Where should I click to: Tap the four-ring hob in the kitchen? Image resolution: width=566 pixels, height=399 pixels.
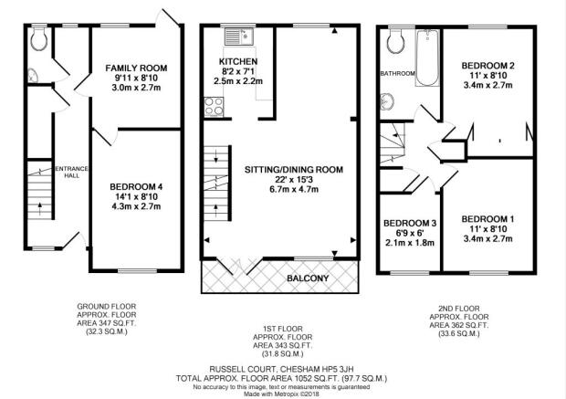[214, 107]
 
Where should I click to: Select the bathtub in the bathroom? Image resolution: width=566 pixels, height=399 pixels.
[427, 58]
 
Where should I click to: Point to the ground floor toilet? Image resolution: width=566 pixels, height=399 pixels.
[39, 39]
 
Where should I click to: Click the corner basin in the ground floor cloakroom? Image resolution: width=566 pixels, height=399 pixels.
[33, 75]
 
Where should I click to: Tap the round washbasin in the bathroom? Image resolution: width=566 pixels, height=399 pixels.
[387, 101]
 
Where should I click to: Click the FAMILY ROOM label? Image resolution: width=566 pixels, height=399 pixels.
[136, 68]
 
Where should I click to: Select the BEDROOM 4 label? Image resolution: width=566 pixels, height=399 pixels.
[136, 186]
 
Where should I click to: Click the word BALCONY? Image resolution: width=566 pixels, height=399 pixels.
[308, 278]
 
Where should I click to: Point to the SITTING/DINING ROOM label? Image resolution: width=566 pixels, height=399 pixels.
[294, 170]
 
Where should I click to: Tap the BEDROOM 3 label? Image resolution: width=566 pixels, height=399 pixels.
[410, 223]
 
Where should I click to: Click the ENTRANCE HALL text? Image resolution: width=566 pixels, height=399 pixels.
[71, 172]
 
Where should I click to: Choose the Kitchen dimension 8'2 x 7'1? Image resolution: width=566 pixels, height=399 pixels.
[238, 71]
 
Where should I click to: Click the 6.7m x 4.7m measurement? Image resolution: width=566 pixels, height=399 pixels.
[294, 189]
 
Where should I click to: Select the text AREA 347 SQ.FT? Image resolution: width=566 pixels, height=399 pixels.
[107, 323]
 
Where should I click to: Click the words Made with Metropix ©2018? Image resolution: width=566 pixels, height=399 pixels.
[281, 394]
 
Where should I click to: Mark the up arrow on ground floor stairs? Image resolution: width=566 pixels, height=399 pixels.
[39, 207]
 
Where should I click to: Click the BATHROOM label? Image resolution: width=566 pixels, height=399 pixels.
[397, 73]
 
